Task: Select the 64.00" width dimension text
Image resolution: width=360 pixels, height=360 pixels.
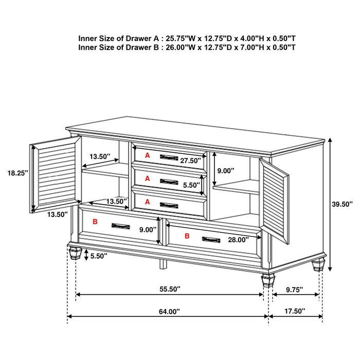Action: (x=169, y=311)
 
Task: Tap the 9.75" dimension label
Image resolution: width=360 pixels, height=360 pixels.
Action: (x=294, y=290)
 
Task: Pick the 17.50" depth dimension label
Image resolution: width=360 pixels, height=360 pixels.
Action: (x=294, y=311)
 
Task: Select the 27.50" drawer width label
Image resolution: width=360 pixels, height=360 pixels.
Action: (x=191, y=160)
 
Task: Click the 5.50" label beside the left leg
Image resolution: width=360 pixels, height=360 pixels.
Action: (x=99, y=255)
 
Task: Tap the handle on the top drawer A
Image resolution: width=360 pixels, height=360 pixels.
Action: (x=168, y=157)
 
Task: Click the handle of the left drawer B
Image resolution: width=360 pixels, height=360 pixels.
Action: (x=121, y=225)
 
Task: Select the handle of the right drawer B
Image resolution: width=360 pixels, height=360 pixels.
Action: (x=211, y=239)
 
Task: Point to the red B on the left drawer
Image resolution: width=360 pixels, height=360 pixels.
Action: (x=95, y=222)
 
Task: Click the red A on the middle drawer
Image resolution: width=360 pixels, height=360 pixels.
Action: (x=147, y=178)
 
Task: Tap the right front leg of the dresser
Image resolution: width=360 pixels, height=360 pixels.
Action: (x=267, y=279)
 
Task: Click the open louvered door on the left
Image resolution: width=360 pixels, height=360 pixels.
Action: (x=55, y=175)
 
